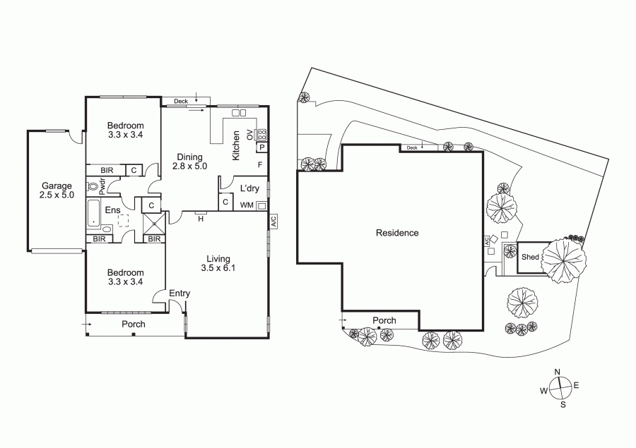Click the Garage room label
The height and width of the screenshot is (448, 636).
click(x=57, y=186)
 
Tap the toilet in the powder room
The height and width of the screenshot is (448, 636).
click(x=93, y=187)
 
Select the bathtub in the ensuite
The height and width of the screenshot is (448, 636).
click(x=94, y=212)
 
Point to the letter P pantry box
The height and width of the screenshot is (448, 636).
click(x=262, y=147)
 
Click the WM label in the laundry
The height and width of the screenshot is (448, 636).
click(x=247, y=205)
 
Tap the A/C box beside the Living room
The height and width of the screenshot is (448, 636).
click(x=273, y=221)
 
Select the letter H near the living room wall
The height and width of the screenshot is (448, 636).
click(x=201, y=219)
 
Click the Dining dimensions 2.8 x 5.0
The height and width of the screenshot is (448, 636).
click(x=190, y=166)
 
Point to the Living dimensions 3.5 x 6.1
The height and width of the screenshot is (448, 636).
click(x=218, y=268)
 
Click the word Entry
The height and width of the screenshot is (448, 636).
click(x=179, y=293)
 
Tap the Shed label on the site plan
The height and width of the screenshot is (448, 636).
click(x=530, y=257)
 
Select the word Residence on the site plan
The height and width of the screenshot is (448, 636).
click(x=397, y=233)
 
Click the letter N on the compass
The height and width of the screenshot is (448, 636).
click(x=558, y=372)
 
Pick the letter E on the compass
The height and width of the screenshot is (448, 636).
click(x=577, y=385)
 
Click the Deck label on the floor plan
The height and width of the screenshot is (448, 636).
click(x=181, y=102)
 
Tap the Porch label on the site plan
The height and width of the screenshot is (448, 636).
click(x=384, y=321)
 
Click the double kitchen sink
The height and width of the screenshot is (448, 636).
click(x=239, y=113)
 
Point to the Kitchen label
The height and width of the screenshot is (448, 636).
click(x=235, y=145)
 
